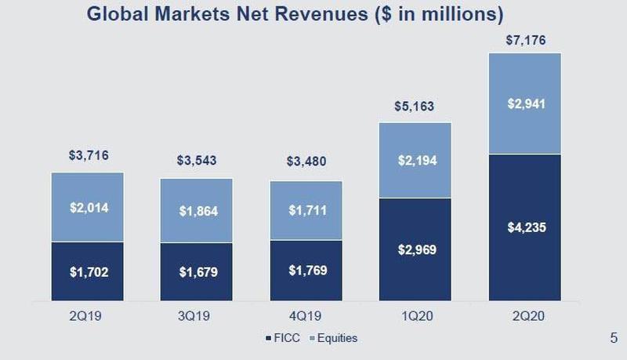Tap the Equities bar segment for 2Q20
coord(524,103)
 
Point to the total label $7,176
coord(524,38)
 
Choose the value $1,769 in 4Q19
coord(306,272)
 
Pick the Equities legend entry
coord(336,338)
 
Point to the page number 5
coord(612,338)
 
